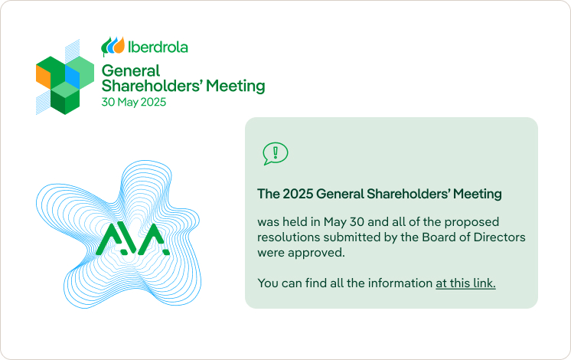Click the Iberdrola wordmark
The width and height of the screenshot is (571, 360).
(x=158, y=47)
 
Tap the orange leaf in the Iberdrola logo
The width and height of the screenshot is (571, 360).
(x=120, y=45)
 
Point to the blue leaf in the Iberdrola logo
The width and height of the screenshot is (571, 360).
(x=113, y=45)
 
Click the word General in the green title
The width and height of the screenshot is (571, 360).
(x=131, y=70)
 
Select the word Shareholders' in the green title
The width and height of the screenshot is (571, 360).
(x=152, y=86)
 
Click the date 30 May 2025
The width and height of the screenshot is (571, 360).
(x=134, y=102)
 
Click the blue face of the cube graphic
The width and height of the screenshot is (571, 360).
(x=72, y=74)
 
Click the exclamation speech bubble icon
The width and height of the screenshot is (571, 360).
(x=276, y=153)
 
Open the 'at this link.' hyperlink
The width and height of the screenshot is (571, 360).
(x=465, y=283)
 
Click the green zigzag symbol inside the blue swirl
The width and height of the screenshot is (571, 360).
(x=132, y=239)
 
